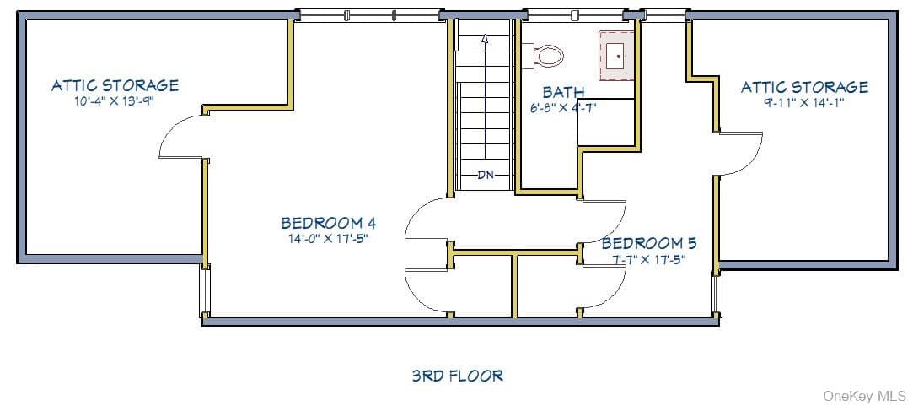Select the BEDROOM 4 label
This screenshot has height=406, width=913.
[329, 223]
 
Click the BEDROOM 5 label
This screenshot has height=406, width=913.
[648, 242]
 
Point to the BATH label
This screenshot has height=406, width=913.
[564, 92]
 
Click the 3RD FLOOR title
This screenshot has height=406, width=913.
[457, 375]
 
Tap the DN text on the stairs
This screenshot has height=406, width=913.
[486, 174]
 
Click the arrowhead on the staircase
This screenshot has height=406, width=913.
[485, 39]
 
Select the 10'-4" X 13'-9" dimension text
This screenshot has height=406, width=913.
[117, 101]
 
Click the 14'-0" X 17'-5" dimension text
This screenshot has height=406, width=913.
[329, 238]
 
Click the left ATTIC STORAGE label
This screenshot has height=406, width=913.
[115, 85]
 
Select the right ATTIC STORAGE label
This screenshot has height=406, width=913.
[804, 87]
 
